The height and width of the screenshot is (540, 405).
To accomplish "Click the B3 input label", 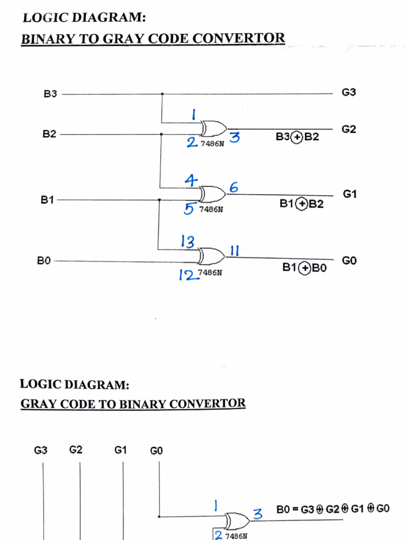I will [50, 95].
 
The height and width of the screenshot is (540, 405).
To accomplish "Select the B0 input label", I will [44, 261].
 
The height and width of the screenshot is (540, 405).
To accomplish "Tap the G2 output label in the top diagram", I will [349, 129].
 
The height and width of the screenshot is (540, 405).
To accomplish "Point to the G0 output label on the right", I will [349, 261].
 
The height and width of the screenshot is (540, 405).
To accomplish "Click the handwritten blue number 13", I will [188, 242].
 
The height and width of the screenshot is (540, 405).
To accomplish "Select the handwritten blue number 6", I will [234, 187].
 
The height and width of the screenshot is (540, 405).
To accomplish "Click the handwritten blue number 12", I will [187, 275].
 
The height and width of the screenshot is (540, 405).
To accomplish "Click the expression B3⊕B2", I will [297, 137].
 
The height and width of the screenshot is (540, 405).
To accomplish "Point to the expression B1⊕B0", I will [305, 268].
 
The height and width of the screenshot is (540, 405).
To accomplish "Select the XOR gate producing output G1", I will [213, 194].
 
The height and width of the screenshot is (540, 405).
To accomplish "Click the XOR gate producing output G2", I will [213, 128].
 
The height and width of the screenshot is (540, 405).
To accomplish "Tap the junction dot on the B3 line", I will [162, 95].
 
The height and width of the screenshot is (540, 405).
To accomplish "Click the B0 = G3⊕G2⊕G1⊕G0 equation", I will [333, 509].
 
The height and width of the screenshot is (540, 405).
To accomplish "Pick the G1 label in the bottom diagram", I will [121, 450].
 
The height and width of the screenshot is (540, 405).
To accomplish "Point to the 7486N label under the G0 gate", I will [209, 273].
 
